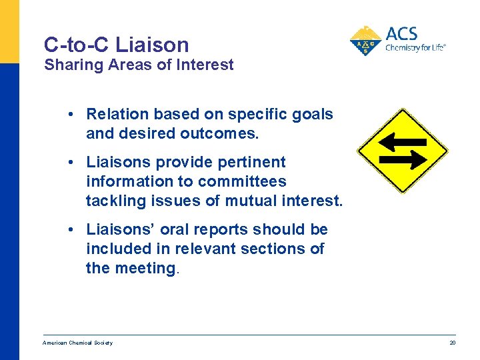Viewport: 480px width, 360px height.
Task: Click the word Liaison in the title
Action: point(152,45)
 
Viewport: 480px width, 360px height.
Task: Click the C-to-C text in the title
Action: point(77,45)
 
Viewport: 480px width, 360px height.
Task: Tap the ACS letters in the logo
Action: point(402,34)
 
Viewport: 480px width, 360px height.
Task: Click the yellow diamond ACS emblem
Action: point(365,41)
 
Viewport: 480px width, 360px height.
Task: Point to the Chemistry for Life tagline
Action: point(415,47)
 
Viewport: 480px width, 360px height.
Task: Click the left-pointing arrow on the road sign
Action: point(402,141)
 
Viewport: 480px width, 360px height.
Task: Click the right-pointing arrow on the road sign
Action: point(403,160)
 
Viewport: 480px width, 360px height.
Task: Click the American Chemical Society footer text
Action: point(77,343)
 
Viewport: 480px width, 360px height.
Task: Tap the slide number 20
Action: point(452,343)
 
